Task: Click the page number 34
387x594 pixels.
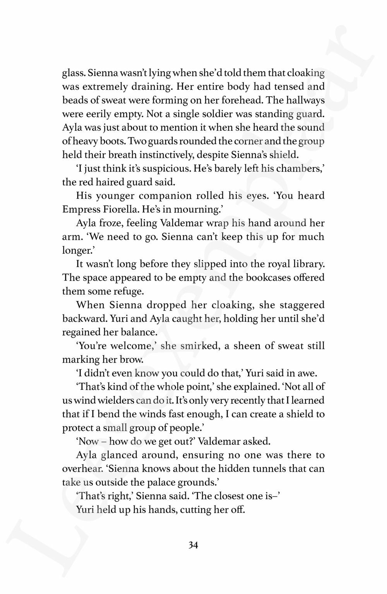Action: click(x=193, y=545)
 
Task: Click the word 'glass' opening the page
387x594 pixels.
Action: click(x=72, y=73)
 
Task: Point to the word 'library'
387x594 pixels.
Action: click(x=304, y=264)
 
